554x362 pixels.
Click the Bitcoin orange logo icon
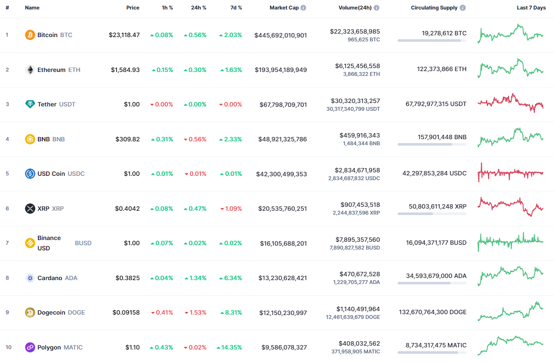pos(30,35)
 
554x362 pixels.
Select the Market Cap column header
pos(284,8)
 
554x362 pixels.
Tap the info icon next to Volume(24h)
pos(377,8)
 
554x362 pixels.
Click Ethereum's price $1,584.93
pos(125,70)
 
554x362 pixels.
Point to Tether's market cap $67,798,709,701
pos(283,104)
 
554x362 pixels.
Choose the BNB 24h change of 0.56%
pos(195,139)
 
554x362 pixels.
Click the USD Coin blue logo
pos(30,174)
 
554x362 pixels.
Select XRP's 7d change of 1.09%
pos(231,209)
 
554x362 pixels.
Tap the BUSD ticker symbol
pos(83,243)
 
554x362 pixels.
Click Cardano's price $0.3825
pos(128,278)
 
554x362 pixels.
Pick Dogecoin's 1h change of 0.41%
pos(162,312)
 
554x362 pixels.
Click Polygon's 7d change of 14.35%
pos(229,347)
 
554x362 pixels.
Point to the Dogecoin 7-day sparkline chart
pos(510,312)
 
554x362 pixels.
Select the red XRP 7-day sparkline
pos(510,206)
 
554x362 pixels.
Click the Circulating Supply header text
pos(434,8)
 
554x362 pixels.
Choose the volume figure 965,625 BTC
pos(364,39)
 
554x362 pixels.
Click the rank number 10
pos(9,347)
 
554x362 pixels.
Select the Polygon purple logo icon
pos(30,347)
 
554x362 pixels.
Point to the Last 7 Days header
pos(531,8)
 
